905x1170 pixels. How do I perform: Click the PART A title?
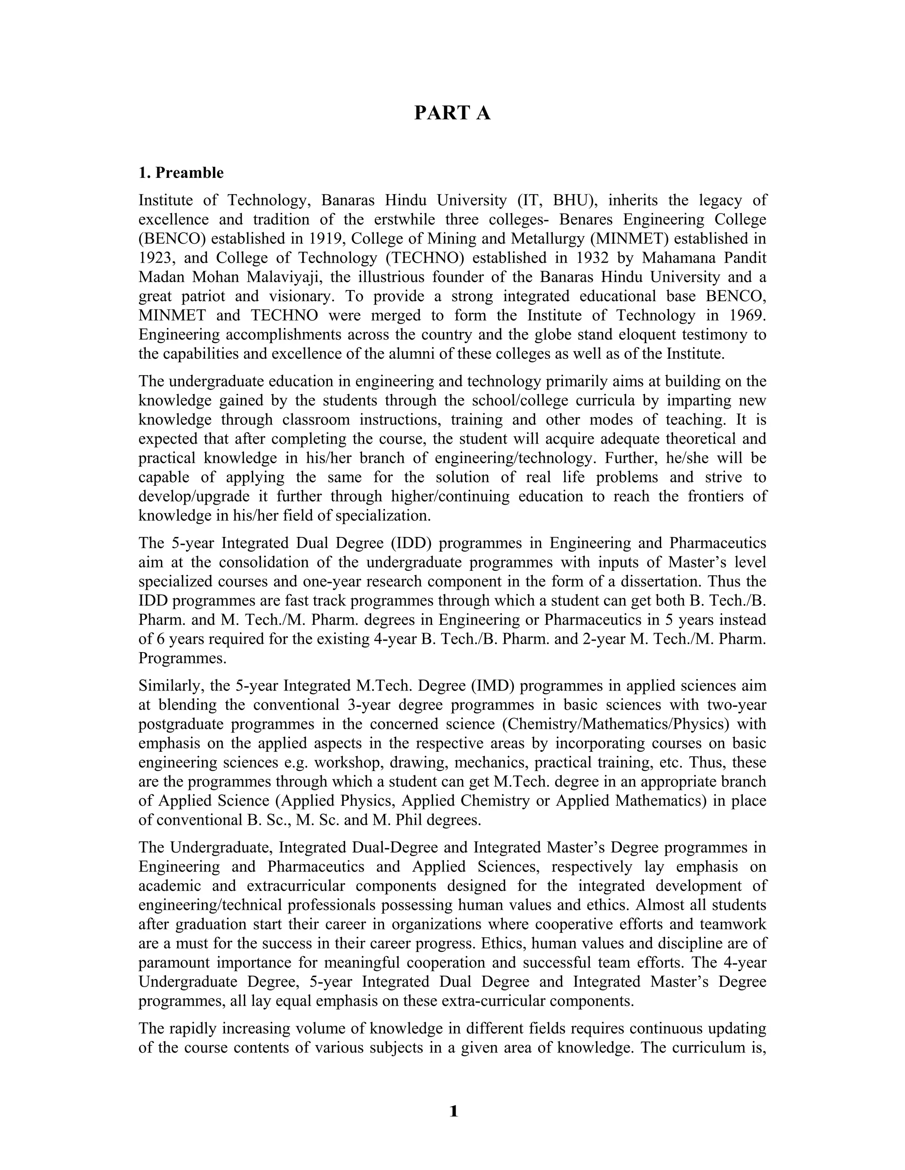(x=452, y=113)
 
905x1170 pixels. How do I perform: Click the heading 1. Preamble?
(x=181, y=173)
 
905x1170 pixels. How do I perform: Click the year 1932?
(x=592, y=258)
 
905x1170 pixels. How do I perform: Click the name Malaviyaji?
(x=282, y=277)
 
